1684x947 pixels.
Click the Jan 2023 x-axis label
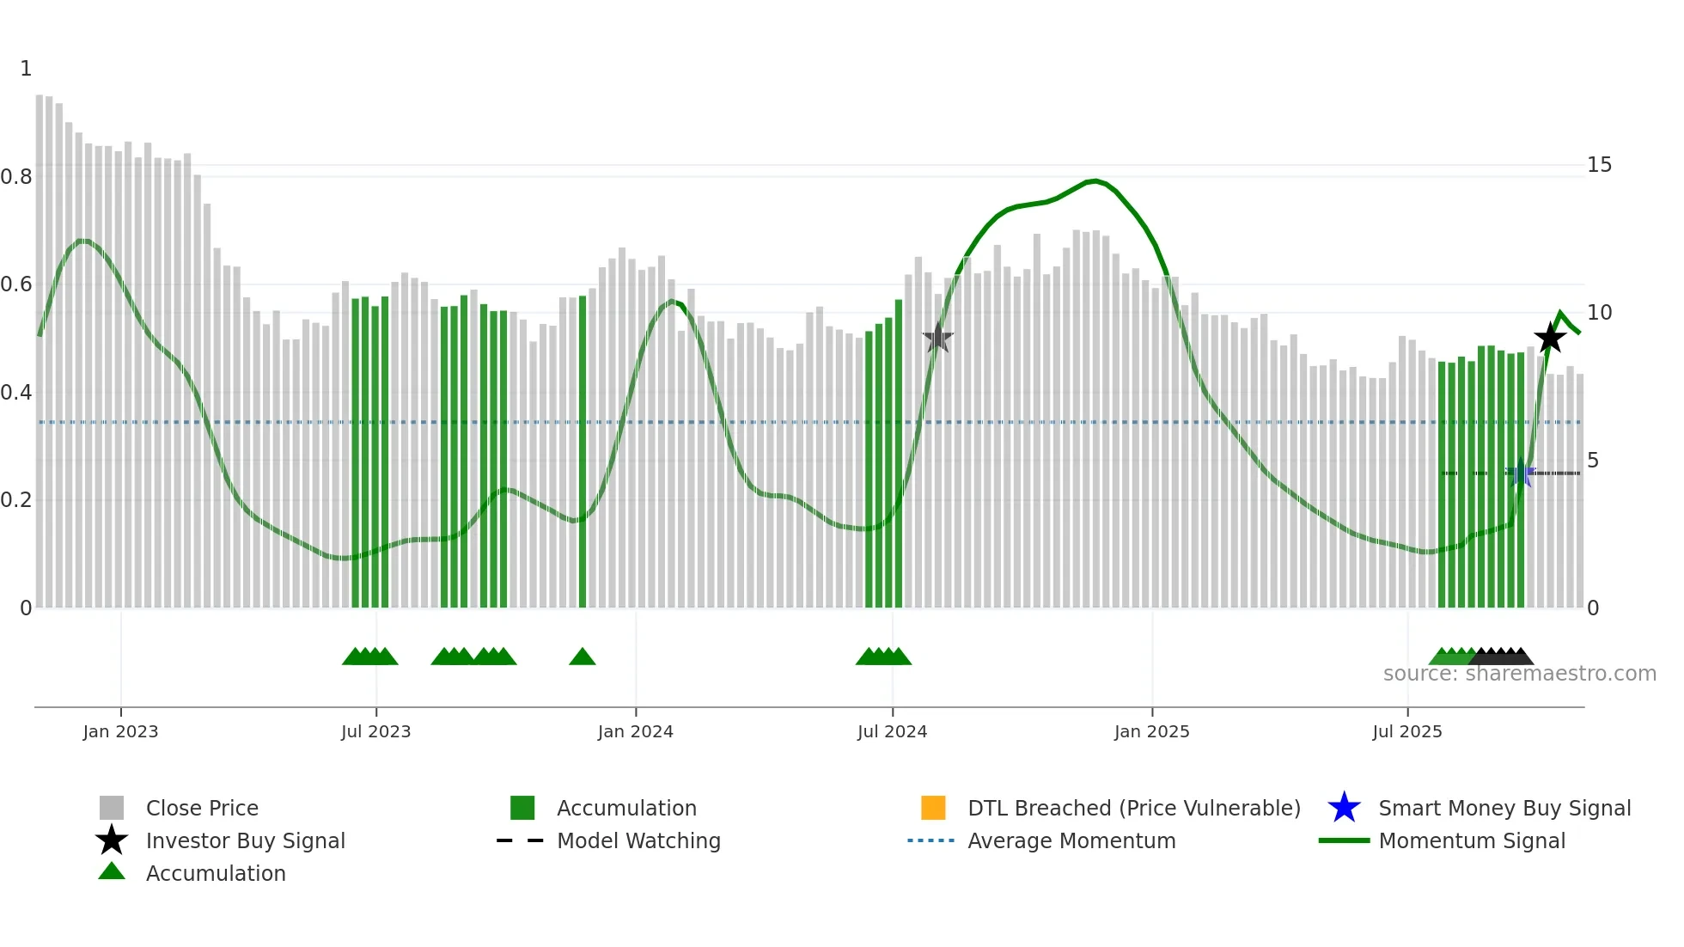pos(120,732)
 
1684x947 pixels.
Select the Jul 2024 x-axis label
pos(892,732)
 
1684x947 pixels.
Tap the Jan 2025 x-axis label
pos(1151,732)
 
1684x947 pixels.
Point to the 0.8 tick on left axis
pos(16,177)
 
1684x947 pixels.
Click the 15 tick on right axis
pos(1599,165)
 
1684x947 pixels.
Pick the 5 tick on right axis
pos(1593,461)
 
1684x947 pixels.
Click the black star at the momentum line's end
pos(1550,339)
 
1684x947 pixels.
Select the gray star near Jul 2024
pos(937,339)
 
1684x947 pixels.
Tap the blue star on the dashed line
pos(1521,473)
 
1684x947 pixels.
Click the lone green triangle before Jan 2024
pos(582,657)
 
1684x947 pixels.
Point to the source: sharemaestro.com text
pos(1519,674)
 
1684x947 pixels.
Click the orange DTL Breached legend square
pos(933,808)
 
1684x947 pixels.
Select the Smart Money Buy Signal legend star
pos(1344,808)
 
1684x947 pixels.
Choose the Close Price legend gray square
pos(112,808)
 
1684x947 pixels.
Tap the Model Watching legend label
pos(638,841)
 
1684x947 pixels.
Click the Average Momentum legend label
pos(1071,841)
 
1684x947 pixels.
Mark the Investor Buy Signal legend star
pos(112,840)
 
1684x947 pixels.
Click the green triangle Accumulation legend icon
pos(112,872)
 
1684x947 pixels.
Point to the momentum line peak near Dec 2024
pos(1093,181)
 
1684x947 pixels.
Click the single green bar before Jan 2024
pos(583,451)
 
